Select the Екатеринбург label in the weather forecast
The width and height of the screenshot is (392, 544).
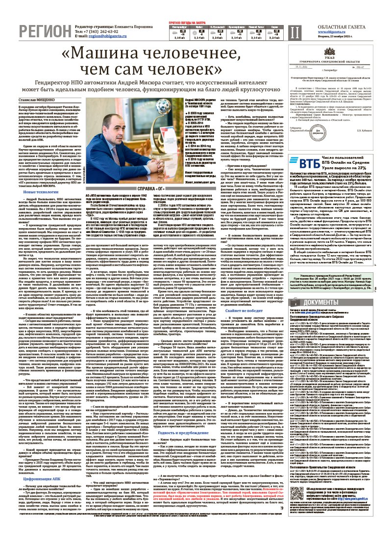pyautogui.click(x=177, y=27)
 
